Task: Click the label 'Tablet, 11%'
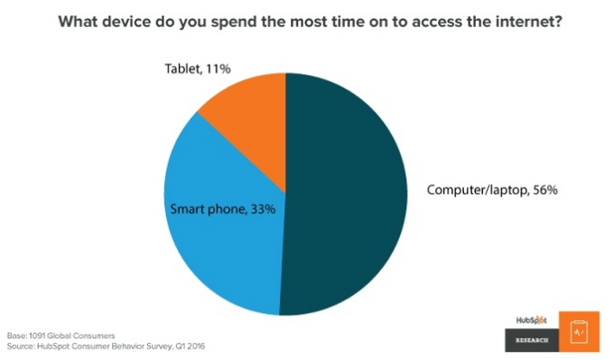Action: (199, 68)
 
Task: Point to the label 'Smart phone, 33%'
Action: (222, 208)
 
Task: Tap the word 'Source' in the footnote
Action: (21, 346)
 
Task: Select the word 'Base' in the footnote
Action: (15, 336)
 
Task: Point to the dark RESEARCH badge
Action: (531, 340)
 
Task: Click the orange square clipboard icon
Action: (579, 330)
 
